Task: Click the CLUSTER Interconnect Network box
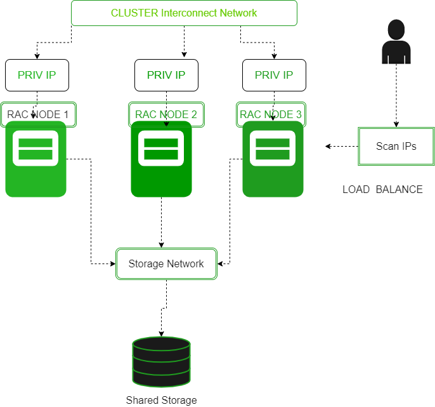coord(184,13)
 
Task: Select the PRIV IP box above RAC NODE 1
coord(37,75)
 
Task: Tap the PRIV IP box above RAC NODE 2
coord(166,75)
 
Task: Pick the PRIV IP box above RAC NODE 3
coord(274,75)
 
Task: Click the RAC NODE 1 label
coord(38,114)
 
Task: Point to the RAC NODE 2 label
coord(166,114)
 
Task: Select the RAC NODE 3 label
coord(271,114)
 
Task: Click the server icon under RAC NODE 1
coord(36,159)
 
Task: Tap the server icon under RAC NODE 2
coord(161,159)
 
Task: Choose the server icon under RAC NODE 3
coord(273,159)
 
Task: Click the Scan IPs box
coord(396,146)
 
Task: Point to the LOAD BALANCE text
coord(382,189)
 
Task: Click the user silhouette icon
coord(396,42)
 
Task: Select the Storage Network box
coord(166,264)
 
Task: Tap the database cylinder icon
coord(161,362)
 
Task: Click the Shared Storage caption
coord(161,400)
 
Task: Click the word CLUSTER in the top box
coord(134,13)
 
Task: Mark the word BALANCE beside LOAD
coord(399,189)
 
